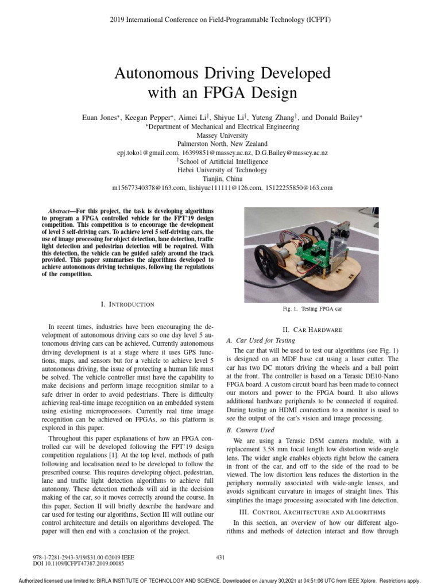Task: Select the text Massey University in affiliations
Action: (221, 135)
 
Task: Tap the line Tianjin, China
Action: (221, 179)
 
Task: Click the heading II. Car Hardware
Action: (312, 330)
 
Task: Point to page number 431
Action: (220, 556)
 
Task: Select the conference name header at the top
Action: (220, 19)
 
